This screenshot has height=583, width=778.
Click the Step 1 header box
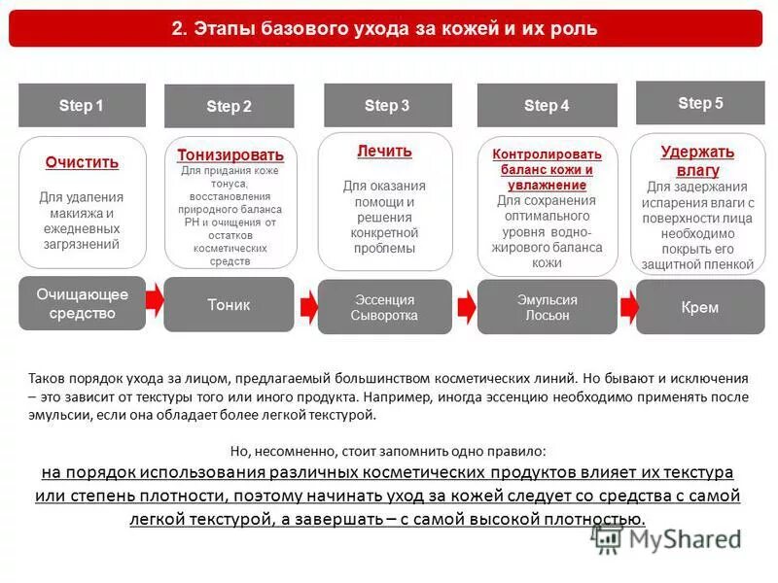[82, 105]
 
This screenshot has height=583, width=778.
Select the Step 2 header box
[229, 106]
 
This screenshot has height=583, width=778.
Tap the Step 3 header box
[387, 105]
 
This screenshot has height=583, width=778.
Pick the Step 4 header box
[547, 105]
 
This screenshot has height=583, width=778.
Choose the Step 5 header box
[700, 103]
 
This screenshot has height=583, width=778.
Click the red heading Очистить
[82, 162]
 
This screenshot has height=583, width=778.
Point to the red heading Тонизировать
[230, 154]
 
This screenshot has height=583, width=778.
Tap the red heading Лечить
[384, 151]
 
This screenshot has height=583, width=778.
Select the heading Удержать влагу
[697, 161]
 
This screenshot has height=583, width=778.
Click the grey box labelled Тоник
[229, 304]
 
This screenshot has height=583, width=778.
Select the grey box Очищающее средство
[82, 303]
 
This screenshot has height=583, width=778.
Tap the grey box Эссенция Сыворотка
[384, 307]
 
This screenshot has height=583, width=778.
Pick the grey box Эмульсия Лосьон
[547, 307]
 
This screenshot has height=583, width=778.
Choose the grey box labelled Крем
[700, 307]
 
